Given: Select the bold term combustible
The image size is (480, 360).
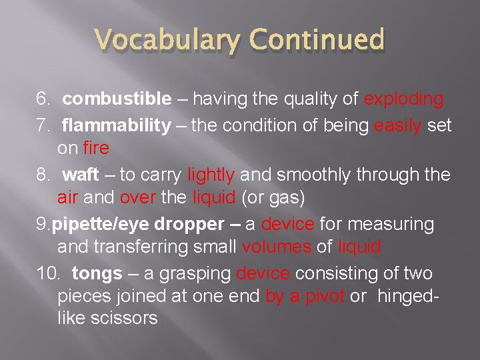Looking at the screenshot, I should point(117,99).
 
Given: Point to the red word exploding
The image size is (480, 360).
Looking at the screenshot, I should point(404,99).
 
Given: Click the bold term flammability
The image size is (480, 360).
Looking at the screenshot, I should point(117,125).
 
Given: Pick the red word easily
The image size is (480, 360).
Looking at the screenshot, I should point(398,125).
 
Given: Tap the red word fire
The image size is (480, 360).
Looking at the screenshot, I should point(97,147).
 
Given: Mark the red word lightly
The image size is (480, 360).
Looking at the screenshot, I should point(211,175).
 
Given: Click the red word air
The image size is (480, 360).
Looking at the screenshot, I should point(67,197).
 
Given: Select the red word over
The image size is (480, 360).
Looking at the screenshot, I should point(137,197).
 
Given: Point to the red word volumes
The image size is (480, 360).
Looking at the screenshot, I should point(277,247).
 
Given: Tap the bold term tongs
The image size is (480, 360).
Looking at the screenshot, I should point(97,273).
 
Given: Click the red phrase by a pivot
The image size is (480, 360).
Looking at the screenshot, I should point(305,296).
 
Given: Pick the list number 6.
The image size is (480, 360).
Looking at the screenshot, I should point(43,99).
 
